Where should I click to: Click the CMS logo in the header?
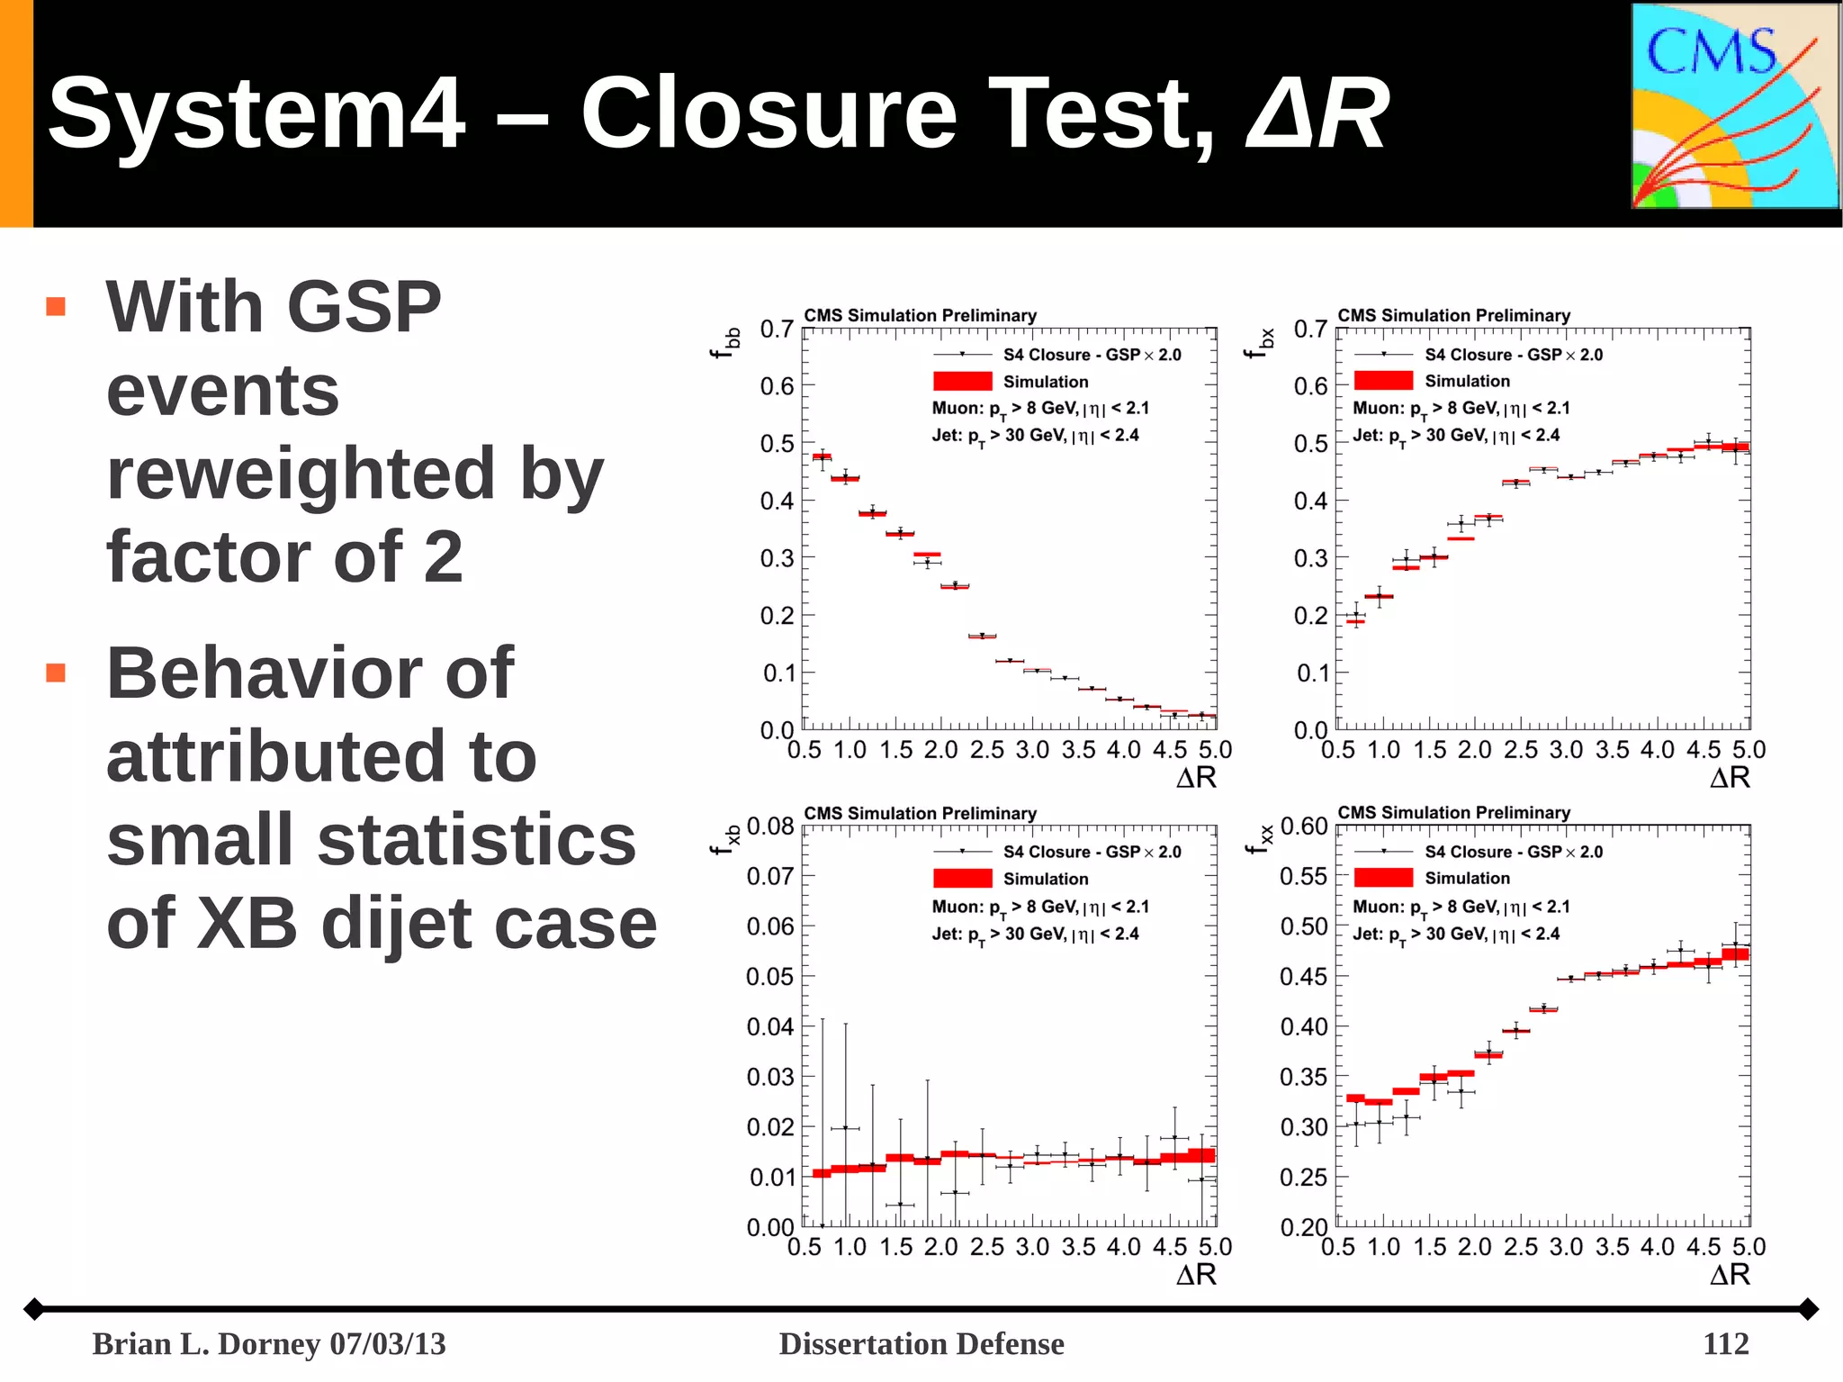[x=1734, y=106]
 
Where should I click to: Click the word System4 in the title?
[x=256, y=113]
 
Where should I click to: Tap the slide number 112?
[x=1725, y=1343]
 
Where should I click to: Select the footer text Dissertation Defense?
[x=921, y=1343]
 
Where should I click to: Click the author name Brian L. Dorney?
[x=206, y=1343]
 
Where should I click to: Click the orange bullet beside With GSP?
[x=56, y=307]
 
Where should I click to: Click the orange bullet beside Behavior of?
[x=56, y=673]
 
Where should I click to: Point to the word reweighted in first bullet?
[x=301, y=474]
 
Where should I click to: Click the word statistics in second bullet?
[x=476, y=839]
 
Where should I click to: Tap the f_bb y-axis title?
[x=725, y=343]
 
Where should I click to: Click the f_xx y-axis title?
[x=1259, y=838]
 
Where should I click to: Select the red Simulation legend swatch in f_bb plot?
[x=962, y=382]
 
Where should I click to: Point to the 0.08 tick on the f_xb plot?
[x=770, y=826]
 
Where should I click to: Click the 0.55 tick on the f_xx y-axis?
[x=1303, y=876]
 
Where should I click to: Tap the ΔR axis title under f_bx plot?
[x=1729, y=778]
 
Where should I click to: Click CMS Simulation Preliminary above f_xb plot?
[x=920, y=813]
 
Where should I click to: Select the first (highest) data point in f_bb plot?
[x=822, y=456]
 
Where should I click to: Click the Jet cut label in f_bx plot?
[x=1455, y=436]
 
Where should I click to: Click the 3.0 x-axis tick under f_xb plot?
[x=1032, y=1247]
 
